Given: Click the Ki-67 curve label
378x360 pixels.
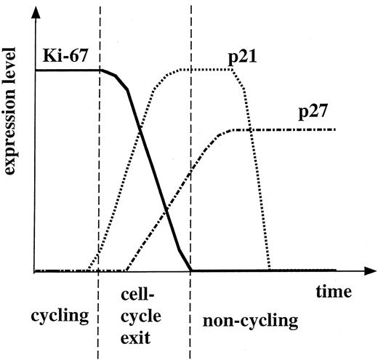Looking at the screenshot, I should [x=57, y=52].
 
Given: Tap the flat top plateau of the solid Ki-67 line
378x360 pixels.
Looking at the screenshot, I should [x=65, y=70].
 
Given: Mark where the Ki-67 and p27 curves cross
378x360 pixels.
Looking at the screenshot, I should [x=166, y=210].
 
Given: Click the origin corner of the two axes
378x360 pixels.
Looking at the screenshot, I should [x=34, y=271].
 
